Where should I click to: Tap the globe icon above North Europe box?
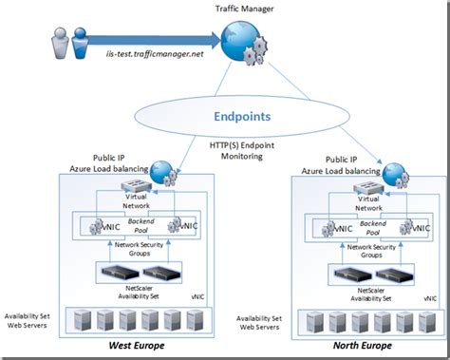(394, 176)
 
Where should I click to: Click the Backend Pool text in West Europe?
(132, 224)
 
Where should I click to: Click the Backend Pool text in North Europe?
(362, 226)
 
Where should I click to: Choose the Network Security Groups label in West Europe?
(133, 250)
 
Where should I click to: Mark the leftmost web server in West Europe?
(73, 318)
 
